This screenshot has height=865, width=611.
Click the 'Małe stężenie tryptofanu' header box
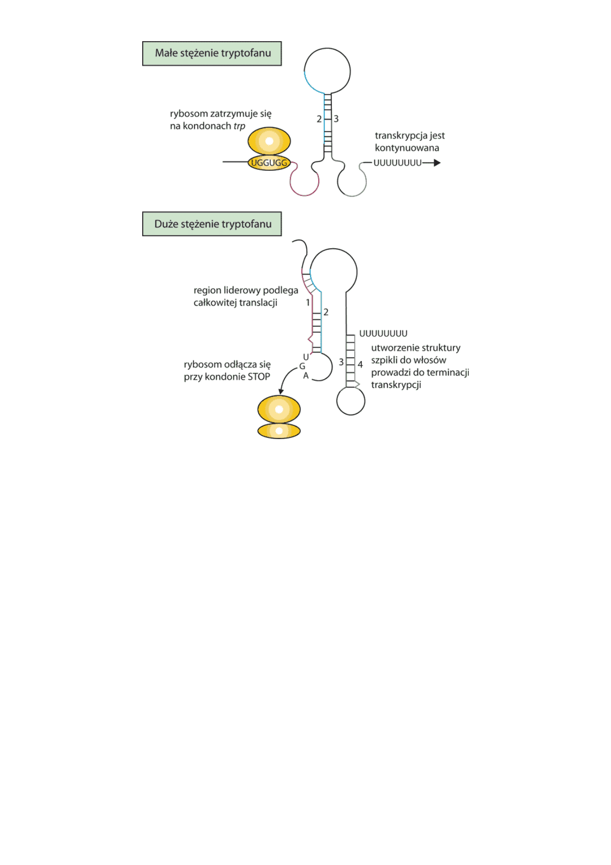pyautogui.click(x=212, y=53)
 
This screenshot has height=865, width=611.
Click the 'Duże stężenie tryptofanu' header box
pyautogui.click(x=212, y=224)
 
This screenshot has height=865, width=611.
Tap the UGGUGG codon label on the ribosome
pyautogui.click(x=269, y=163)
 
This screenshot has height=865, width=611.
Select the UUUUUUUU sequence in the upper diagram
pyautogui.click(x=397, y=163)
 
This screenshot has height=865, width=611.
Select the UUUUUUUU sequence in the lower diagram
pyautogui.click(x=383, y=334)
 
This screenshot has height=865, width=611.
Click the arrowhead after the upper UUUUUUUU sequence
pyautogui.click(x=437, y=163)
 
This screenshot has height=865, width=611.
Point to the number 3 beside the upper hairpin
pyautogui.click(x=336, y=119)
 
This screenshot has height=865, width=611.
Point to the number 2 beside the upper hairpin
pyautogui.click(x=319, y=119)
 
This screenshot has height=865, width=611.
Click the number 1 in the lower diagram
pyautogui.click(x=308, y=303)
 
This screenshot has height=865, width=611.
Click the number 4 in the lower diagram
pyautogui.click(x=360, y=364)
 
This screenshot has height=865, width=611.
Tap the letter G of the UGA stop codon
pyautogui.click(x=302, y=366)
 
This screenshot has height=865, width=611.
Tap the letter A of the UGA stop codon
pyautogui.click(x=306, y=376)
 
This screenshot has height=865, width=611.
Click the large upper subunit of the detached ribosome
pyautogui.click(x=279, y=410)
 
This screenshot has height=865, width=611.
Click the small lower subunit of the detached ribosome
pyautogui.click(x=279, y=430)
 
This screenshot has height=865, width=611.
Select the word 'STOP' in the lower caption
pyautogui.click(x=258, y=377)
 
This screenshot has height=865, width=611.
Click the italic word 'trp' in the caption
pyautogui.click(x=239, y=126)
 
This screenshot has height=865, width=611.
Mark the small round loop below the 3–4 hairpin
pyautogui.click(x=351, y=401)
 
